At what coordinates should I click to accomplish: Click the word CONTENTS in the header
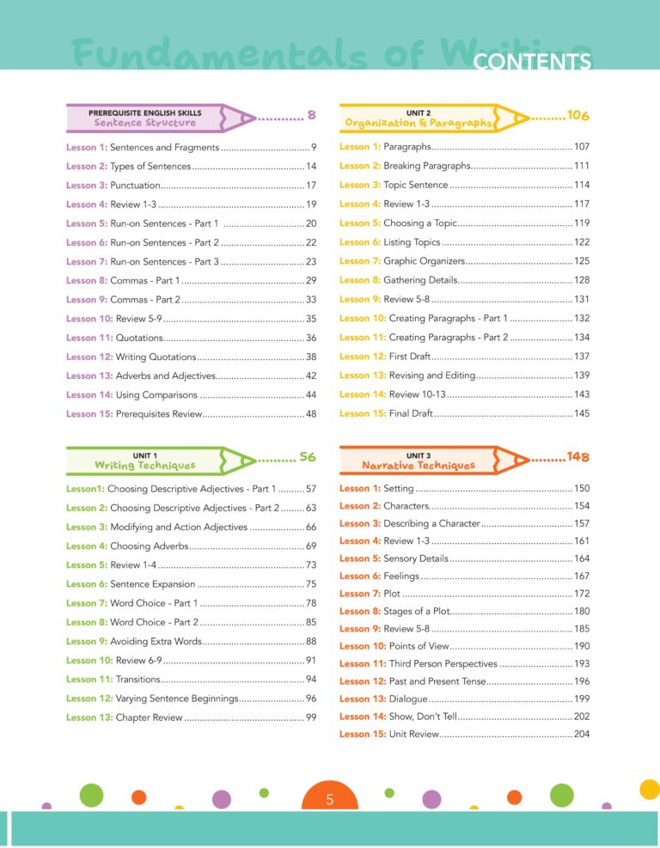[x=532, y=62]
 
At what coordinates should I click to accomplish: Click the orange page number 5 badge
[x=330, y=800]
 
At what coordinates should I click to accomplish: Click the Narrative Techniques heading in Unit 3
[x=418, y=465]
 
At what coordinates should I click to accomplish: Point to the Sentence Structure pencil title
[x=145, y=122]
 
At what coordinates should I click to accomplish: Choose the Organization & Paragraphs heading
[x=418, y=123]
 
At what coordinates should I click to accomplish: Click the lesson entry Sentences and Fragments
[x=164, y=147]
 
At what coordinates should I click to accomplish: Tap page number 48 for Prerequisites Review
[x=311, y=413]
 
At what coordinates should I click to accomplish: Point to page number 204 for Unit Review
[x=582, y=734]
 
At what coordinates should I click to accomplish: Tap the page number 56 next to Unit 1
[x=308, y=457]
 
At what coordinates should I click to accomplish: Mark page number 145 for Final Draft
[x=582, y=413]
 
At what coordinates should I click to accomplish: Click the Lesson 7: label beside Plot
[x=359, y=594]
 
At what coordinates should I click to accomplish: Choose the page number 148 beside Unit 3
[x=577, y=457]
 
